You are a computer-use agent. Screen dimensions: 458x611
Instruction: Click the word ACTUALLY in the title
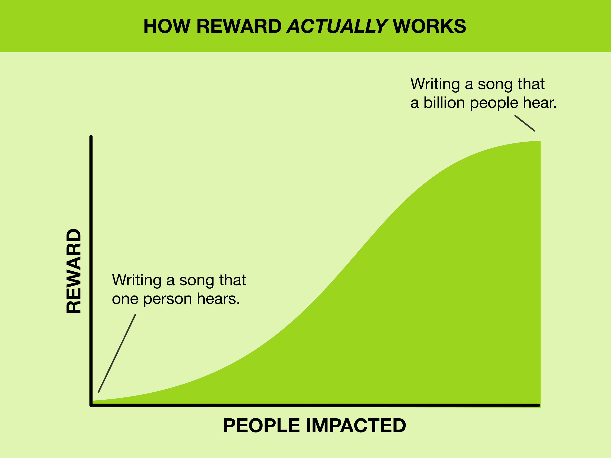[337, 27]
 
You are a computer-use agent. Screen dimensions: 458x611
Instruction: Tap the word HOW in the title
[167, 27]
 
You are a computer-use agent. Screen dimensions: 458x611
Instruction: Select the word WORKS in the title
[429, 27]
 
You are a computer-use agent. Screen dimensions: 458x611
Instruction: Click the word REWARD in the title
[239, 27]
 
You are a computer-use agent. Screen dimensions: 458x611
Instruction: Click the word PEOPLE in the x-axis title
[261, 425]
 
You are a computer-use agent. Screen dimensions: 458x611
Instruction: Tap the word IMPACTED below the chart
[356, 425]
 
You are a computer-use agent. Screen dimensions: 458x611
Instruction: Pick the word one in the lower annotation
[125, 299]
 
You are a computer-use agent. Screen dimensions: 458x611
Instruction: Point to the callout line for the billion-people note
[525, 123]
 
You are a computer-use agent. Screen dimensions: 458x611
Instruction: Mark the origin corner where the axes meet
[91, 405]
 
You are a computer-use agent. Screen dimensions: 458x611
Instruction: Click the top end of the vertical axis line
[91, 137]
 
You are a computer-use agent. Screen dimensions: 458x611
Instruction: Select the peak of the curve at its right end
[540, 141]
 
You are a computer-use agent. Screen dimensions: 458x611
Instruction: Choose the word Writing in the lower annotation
[136, 280]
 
